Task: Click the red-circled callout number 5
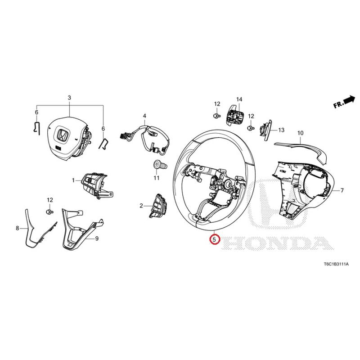click(214, 240)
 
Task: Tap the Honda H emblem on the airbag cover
click(63, 135)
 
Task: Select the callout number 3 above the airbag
click(69, 98)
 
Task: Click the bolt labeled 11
click(160, 165)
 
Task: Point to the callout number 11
click(157, 178)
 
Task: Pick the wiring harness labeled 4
click(144, 139)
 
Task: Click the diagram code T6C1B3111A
click(336, 264)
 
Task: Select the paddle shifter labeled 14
click(235, 116)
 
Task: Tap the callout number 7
click(342, 190)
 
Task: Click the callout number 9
click(97, 239)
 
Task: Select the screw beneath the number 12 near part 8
click(50, 211)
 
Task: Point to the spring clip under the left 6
click(36, 127)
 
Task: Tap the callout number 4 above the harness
click(144, 116)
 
